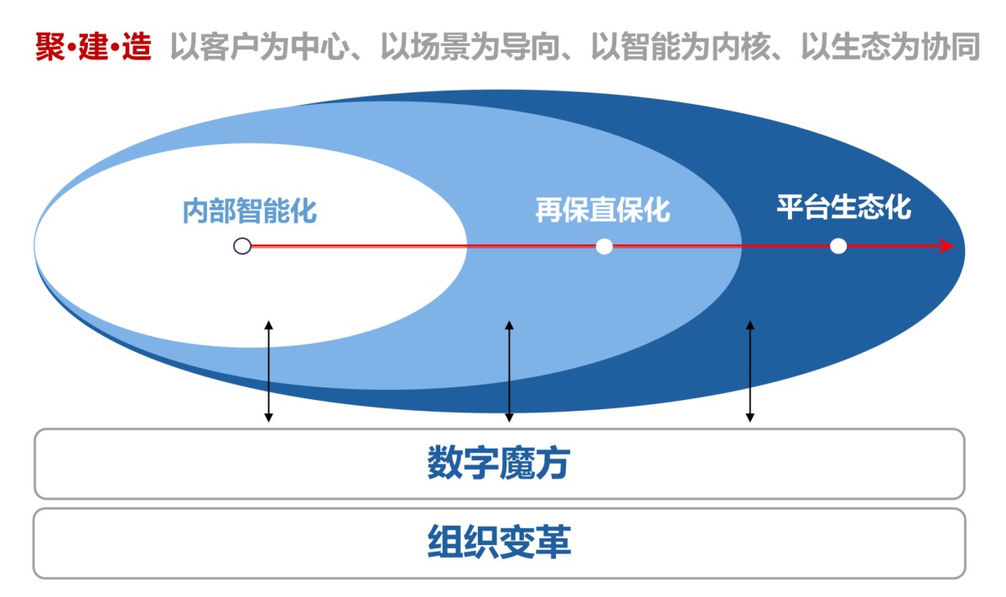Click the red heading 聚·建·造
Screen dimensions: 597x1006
pyautogui.click(x=92, y=48)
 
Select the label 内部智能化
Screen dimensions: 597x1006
pyautogui.click(x=250, y=210)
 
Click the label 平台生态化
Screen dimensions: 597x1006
pyautogui.click(x=843, y=206)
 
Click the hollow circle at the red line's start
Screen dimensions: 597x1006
pyautogui.click(x=242, y=247)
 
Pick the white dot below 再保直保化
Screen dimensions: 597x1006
pyautogui.click(x=604, y=247)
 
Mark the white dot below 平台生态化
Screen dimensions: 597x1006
pyautogui.click(x=838, y=247)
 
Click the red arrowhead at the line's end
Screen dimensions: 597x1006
pyautogui.click(x=947, y=247)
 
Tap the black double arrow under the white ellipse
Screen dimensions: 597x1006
pyautogui.click(x=268, y=371)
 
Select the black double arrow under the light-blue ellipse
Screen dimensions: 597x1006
pyautogui.click(x=509, y=371)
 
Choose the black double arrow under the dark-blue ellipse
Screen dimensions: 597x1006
pyautogui.click(x=750, y=371)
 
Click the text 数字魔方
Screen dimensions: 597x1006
pyautogui.click(x=499, y=463)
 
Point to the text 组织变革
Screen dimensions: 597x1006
pyautogui.click(x=499, y=542)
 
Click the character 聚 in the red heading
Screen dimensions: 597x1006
pyautogui.click(x=49, y=48)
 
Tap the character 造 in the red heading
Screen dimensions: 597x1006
pyautogui.click(x=136, y=48)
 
